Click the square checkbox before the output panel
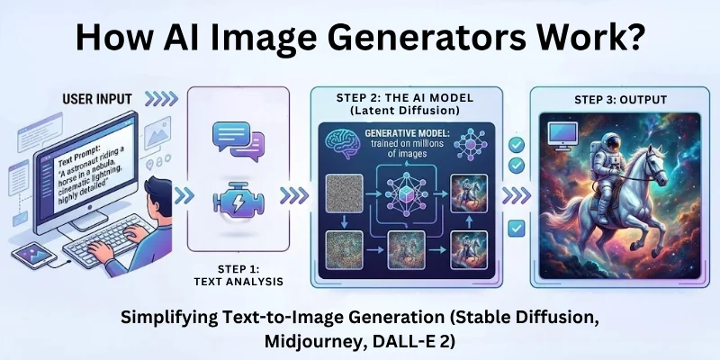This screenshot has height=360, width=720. (x=517, y=229)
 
